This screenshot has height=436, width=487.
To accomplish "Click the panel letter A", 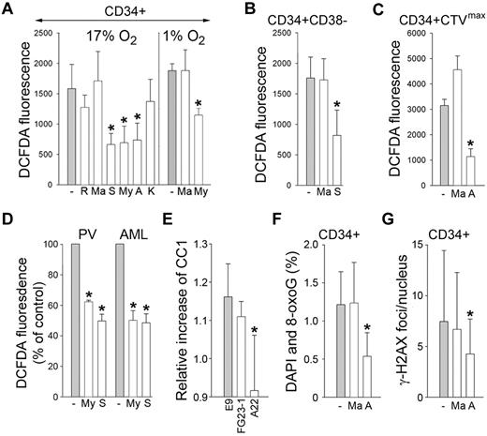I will pos(7,9).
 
